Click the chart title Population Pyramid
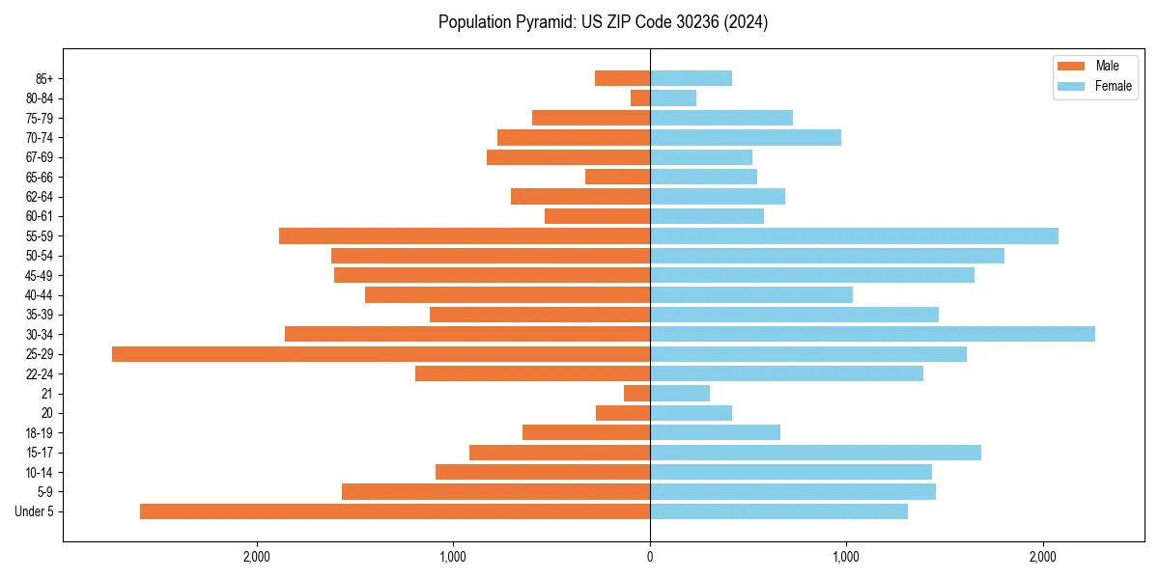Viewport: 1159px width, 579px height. (x=603, y=22)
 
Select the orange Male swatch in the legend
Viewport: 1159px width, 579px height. (x=1071, y=66)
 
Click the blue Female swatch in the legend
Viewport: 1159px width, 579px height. (x=1071, y=86)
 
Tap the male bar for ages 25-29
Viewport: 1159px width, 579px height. (x=381, y=354)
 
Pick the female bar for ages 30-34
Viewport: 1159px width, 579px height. (x=872, y=334)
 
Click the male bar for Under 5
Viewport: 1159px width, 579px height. (x=395, y=511)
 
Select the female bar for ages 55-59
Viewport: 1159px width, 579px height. (x=854, y=235)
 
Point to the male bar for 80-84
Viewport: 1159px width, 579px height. (x=640, y=97)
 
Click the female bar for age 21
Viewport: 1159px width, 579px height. (x=680, y=394)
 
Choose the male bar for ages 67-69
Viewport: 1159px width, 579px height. (x=568, y=157)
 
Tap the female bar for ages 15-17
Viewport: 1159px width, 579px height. (x=815, y=453)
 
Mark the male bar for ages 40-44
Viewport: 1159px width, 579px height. (x=507, y=294)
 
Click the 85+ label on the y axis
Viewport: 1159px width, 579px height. (x=42, y=78)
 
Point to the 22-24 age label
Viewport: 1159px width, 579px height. (x=39, y=374)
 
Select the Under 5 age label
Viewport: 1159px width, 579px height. (x=34, y=511)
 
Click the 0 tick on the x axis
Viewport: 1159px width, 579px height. (x=650, y=557)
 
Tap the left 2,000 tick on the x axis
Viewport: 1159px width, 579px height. (x=257, y=557)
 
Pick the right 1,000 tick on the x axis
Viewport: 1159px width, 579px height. (x=846, y=557)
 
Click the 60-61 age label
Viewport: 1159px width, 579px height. (x=39, y=216)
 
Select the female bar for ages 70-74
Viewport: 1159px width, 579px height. (x=746, y=137)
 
